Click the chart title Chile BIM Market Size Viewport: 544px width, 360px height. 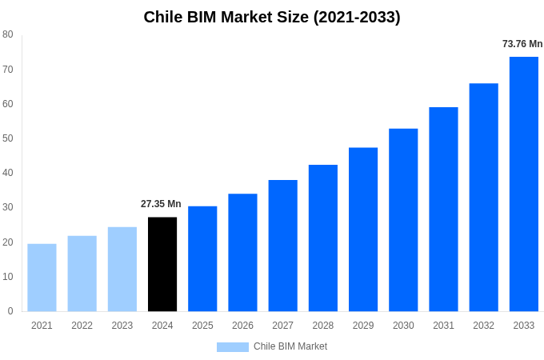(272, 17)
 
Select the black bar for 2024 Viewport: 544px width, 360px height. (162, 264)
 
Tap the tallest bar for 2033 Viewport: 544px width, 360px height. (523, 184)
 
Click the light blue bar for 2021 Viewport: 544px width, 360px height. (42, 278)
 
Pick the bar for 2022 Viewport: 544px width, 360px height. (82, 274)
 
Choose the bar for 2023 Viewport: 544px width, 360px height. (122, 269)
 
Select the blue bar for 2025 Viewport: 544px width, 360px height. (202, 258)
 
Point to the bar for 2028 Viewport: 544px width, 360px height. (323, 238)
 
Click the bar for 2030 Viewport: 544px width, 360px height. (403, 220)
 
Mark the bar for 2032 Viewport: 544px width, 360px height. (483, 197)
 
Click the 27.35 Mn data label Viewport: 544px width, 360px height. (161, 204)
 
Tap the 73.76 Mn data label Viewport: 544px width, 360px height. (522, 44)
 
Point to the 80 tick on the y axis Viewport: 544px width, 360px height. (8, 34)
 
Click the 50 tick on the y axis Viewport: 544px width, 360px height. (8, 138)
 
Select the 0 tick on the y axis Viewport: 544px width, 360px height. (10, 311)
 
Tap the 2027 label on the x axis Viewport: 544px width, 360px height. (282, 326)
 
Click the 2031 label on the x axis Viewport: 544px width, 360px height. (443, 326)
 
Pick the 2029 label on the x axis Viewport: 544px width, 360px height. (363, 326)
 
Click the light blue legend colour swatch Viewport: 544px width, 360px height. (232, 347)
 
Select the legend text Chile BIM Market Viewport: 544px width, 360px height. (290, 346)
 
